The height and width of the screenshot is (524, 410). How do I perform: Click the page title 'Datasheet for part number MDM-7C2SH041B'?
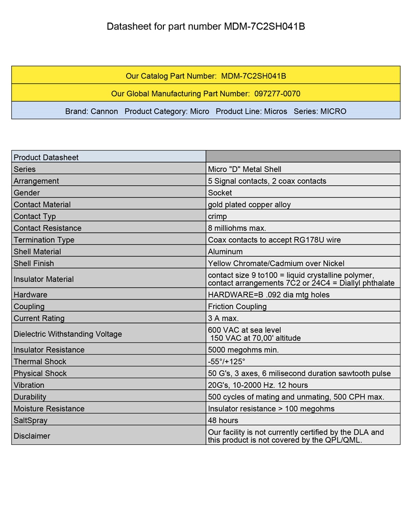[206, 27]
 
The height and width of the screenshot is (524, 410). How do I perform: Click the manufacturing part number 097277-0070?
[277, 94]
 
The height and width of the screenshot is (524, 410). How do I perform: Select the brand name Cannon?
[104, 111]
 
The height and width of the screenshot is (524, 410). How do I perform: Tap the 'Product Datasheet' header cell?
[46, 157]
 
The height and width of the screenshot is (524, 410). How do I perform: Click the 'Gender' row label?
[27, 193]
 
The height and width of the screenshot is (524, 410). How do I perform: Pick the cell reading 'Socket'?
[220, 193]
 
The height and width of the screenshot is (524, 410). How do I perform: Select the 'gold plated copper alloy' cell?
[249, 205]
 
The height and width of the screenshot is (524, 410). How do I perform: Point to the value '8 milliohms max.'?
[237, 228]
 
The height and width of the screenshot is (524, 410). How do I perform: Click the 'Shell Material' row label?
[37, 252]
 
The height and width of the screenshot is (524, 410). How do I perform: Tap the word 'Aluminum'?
[225, 252]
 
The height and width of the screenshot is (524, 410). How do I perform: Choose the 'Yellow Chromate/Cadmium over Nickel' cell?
[276, 263]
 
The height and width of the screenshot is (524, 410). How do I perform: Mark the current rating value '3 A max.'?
[223, 318]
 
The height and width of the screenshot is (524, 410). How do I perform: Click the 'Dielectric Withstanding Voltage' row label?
[67, 334]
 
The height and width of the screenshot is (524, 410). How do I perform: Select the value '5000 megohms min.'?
[243, 350]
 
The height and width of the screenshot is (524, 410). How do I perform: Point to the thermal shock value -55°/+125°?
[227, 362]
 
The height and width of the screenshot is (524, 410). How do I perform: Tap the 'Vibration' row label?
[29, 385]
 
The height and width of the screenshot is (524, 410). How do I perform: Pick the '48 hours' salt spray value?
[223, 420]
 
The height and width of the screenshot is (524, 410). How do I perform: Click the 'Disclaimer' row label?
[32, 436]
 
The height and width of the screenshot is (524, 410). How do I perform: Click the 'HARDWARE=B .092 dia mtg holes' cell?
[269, 295]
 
